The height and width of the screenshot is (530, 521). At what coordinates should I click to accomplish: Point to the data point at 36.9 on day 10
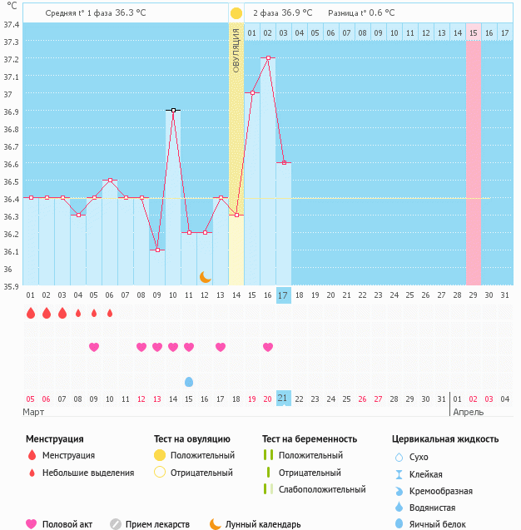(x=173, y=110)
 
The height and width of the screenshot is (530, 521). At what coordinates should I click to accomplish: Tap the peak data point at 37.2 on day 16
(x=268, y=58)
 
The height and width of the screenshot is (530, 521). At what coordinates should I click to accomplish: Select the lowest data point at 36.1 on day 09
(x=157, y=250)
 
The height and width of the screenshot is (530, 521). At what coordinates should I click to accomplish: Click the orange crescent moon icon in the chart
(x=205, y=276)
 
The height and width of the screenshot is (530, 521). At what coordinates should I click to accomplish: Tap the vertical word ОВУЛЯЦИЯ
(x=236, y=50)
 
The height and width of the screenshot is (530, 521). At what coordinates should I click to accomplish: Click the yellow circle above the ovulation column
(x=236, y=13)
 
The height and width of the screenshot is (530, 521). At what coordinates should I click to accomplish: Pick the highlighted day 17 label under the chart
(x=284, y=295)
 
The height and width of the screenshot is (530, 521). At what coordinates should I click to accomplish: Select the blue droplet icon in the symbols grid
(x=189, y=382)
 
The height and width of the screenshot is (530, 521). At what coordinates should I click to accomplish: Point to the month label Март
(x=34, y=412)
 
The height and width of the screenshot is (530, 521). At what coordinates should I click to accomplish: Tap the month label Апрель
(x=468, y=412)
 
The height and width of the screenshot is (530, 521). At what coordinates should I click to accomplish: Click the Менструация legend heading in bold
(x=55, y=438)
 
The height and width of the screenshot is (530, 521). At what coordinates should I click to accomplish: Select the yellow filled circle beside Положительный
(x=159, y=455)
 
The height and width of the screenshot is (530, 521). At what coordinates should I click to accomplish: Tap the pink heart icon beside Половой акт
(x=32, y=524)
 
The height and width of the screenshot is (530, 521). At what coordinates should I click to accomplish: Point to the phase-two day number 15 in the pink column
(x=473, y=32)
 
